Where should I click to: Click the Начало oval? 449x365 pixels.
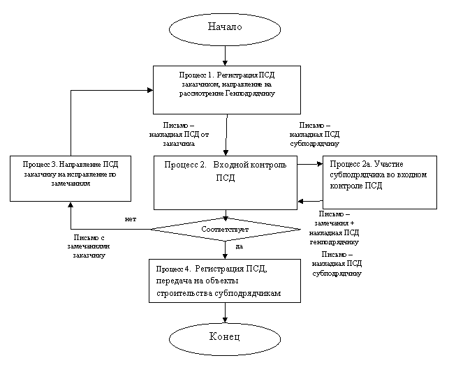coord(224,27)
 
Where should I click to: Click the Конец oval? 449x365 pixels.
coord(224,338)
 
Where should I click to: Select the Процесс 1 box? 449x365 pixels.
coord(226,89)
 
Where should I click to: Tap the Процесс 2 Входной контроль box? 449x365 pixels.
coord(225,182)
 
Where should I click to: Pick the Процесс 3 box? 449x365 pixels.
coord(70,179)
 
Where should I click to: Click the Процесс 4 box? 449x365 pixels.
coord(224,281)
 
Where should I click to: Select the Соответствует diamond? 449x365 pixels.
coord(224,229)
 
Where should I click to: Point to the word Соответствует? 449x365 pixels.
coord(224,229)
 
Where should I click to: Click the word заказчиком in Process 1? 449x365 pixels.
coord(192,84)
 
